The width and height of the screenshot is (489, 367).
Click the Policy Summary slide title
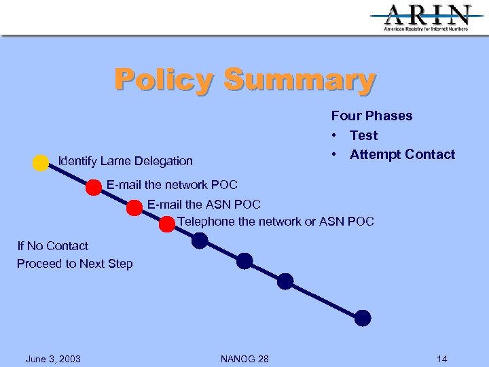pyautogui.click(x=244, y=80)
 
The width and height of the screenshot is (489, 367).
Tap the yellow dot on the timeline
pyautogui.click(x=41, y=163)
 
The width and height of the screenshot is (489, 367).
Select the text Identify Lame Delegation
pyautogui.click(x=126, y=161)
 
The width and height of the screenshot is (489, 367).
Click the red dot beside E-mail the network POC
pyautogui.click(x=94, y=188)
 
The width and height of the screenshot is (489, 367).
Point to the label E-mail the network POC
pyautogui.click(x=172, y=185)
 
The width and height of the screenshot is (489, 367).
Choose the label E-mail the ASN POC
pyautogui.click(x=204, y=204)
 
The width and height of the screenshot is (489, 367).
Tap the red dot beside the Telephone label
pyautogui.click(x=167, y=224)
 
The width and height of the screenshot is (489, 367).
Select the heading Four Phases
pyautogui.click(x=372, y=116)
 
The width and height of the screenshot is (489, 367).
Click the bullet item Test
pyautogui.click(x=363, y=135)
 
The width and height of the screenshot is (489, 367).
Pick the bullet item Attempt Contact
pyautogui.click(x=402, y=154)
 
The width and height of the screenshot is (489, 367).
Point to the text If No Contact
pyautogui.click(x=53, y=246)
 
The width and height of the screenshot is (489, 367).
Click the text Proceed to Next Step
pyautogui.click(x=75, y=264)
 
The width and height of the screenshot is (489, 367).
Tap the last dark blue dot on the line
pyautogui.click(x=363, y=317)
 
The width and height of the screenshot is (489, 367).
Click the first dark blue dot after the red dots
pyautogui.click(x=200, y=241)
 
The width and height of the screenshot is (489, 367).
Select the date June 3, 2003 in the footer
pyautogui.click(x=53, y=359)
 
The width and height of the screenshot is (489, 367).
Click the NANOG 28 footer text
pyautogui.click(x=244, y=359)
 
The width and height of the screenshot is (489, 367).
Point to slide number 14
pyautogui.click(x=442, y=359)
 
